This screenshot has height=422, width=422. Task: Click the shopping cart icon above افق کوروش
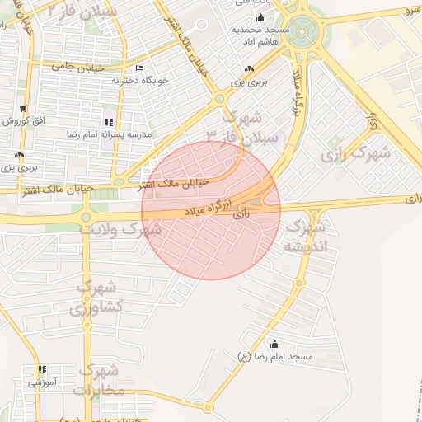pyautogui.click(x=23, y=108)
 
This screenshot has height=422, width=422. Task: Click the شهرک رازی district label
pyautogui.click(x=354, y=154)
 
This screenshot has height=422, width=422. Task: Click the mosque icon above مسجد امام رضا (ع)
pyautogui.click(x=274, y=345)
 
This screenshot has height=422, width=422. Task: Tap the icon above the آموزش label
pyautogui.click(x=40, y=371)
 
